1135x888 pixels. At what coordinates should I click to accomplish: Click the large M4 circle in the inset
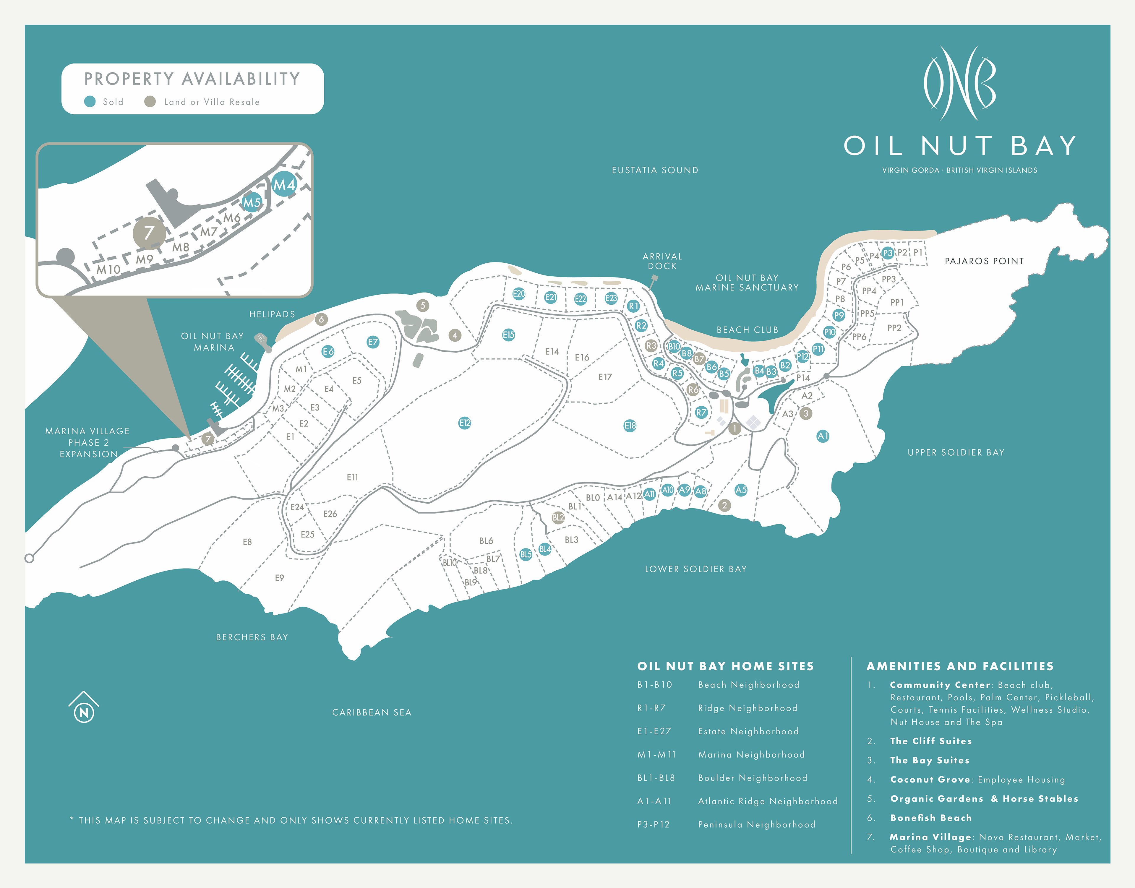click(284, 184)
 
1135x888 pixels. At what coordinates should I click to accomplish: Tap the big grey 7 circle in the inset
click(149, 233)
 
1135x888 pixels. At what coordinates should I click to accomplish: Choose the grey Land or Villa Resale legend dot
click(150, 101)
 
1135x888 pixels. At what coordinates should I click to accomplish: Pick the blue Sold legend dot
click(90, 101)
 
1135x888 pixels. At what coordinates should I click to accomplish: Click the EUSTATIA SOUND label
click(655, 170)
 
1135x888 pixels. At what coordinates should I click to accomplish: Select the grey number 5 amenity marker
click(423, 305)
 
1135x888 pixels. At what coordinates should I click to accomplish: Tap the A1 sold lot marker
click(823, 436)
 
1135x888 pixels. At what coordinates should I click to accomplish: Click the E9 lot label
click(279, 578)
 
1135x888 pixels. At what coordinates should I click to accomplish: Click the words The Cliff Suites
click(931, 741)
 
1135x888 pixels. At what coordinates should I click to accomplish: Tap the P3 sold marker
click(888, 253)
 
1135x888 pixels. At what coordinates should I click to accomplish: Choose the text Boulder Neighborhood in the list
click(752, 778)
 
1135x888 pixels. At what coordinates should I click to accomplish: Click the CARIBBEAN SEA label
click(372, 712)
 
